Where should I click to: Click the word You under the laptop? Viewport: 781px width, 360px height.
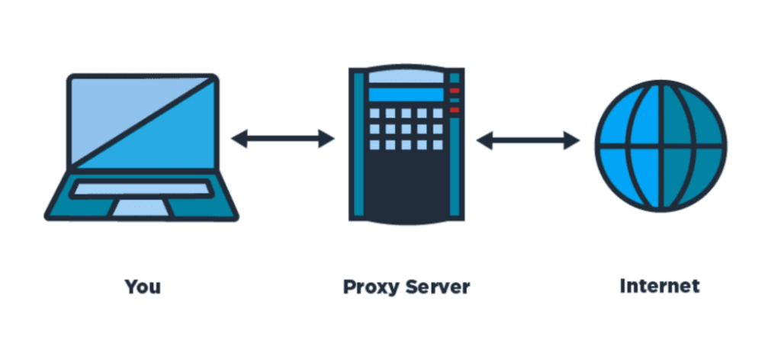[x=143, y=287]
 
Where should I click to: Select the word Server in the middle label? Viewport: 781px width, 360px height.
[x=437, y=287]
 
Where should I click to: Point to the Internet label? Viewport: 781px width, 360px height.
[x=660, y=286]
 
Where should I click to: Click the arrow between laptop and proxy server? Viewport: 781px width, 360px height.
[x=283, y=139]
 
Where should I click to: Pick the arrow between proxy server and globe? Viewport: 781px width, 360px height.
[x=528, y=140]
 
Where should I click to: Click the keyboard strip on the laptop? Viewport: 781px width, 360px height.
[x=141, y=188]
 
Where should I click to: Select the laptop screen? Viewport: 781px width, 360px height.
[x=143, y=123]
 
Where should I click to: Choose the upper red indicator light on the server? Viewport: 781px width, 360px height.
[x=455, y=91]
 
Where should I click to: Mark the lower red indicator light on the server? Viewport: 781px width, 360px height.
[x=455, y=110]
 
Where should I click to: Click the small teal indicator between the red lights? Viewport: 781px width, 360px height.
[x=455, y=100]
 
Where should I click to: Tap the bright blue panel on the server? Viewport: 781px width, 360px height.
[x=406, y=95]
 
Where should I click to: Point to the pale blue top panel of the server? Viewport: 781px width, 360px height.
[x=406, y=77]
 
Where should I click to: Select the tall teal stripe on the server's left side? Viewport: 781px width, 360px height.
[x=358, y=144]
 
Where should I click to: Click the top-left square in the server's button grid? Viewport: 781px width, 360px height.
[x=374, y=113]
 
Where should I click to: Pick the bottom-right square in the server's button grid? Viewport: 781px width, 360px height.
[x=438, y=145]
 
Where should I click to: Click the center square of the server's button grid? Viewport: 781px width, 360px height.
[x=406, y=129]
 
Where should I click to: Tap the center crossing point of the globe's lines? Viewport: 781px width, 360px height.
[x=661, y=146]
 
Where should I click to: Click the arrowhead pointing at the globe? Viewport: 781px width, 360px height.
[x=572, y=140]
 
